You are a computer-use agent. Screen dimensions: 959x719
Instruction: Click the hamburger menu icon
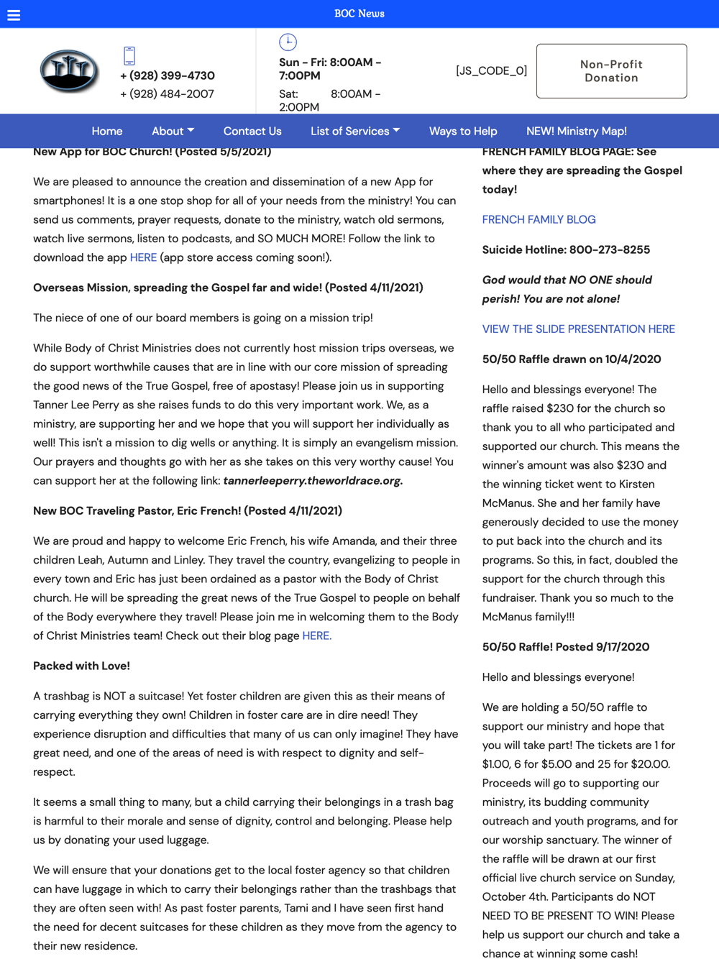[x=14, y=15]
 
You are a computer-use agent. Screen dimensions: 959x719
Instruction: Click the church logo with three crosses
[x=69, y=71]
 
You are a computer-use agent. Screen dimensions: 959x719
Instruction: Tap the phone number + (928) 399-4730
[x=168, y=75]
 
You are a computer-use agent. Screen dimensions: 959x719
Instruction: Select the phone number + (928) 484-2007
[x=168, y=94]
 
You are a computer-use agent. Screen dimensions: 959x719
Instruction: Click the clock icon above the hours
[x=288, y=42]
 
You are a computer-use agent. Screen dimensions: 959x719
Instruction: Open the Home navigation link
[x=107, y=131]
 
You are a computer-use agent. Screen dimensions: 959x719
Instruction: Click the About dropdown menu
[x=173, y=131]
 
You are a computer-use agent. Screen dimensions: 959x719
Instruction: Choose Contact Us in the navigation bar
[x=252, y=131]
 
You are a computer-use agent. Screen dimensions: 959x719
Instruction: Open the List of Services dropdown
[x=355, y=131]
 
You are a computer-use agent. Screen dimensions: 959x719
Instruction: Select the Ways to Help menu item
[x=463, y=131]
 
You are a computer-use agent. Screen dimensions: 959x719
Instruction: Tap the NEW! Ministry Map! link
[x=577, y=131]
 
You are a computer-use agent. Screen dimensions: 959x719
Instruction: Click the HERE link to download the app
[x=143, y=257]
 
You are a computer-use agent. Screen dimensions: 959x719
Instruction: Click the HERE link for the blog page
[x=316, y=635]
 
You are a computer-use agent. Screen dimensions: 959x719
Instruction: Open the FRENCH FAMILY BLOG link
[x=539, y=219]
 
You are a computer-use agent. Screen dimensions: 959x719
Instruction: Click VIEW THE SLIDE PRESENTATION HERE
[x=578, y=329]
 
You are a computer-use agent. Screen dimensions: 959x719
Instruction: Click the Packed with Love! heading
[x=81, y=666]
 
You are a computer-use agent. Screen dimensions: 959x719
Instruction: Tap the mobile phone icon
[x=129, y=55]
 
